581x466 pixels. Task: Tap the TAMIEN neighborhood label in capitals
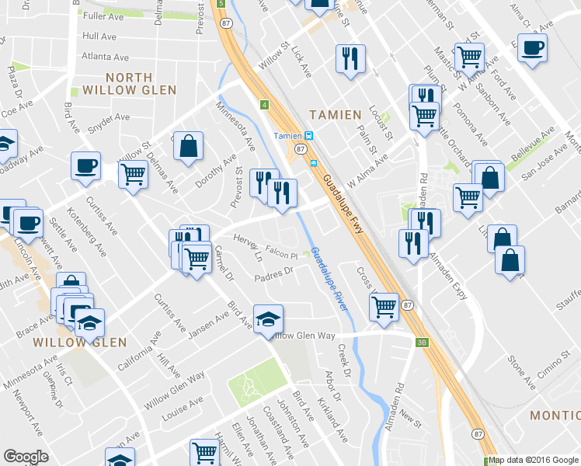click(336, 115)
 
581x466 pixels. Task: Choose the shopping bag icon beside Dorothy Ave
click(188, 146)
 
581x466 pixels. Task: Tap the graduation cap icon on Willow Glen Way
click(268, 319)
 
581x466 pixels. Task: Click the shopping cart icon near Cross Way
click(384, 308)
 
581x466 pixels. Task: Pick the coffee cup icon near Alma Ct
click(532, 47)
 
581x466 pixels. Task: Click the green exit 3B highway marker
click(422, 341)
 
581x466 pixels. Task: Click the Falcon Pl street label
click(282, 254)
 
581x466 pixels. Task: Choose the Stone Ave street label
click(521, 373)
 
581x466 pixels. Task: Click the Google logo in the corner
click(26, 457)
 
